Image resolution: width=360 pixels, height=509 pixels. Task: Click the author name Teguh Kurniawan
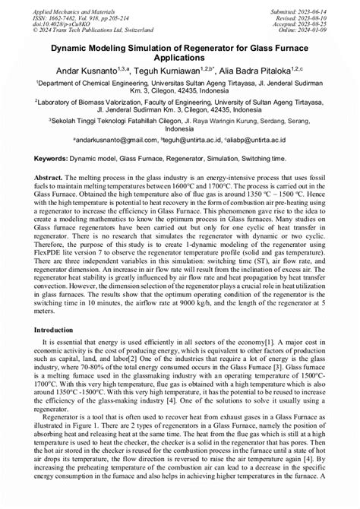pyautogui.click(x=172, y=71)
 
